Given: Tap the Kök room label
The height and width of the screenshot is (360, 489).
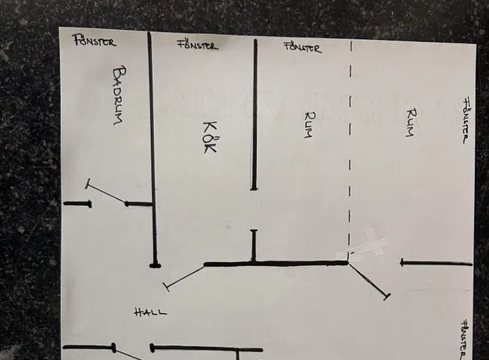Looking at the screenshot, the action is point(210,137).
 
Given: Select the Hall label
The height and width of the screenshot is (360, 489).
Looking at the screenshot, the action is point(151,312).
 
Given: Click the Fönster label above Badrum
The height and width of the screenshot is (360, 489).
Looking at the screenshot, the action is point(95,41).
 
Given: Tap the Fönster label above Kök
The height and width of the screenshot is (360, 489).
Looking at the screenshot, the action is point(198,45).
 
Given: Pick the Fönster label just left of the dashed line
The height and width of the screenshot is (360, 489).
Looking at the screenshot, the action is point(302,48).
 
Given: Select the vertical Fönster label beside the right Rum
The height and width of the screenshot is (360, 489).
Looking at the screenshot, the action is point(466,121).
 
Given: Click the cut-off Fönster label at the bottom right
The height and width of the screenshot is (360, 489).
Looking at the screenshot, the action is point(465,340).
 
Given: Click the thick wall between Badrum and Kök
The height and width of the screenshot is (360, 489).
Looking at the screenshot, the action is point(153,149).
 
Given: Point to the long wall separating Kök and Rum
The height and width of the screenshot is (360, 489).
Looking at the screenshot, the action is point(255,114).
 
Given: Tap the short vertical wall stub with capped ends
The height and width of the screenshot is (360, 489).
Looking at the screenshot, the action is point(253,246).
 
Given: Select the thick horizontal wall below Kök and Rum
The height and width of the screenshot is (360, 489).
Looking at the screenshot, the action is point(276,264).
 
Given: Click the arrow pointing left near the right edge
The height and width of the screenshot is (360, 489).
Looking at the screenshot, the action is point(436,263).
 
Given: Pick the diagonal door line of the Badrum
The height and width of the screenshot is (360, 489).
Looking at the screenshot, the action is point(106,193).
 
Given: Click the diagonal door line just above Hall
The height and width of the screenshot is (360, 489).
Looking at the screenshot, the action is point(185,277).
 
